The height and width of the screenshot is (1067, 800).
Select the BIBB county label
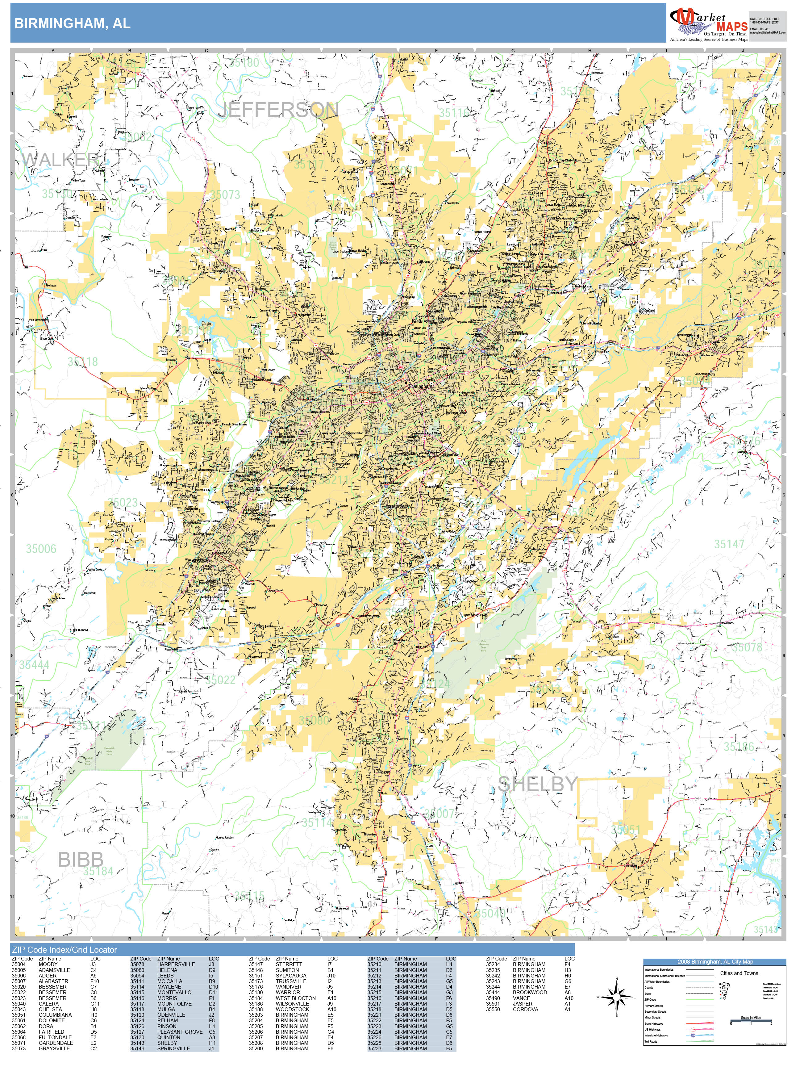tap(81, 859)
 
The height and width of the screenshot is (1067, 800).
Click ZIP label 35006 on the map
tap(41, 549)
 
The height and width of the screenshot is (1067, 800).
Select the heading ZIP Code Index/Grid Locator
tap(65, 950)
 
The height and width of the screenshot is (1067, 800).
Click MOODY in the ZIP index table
tap(48, 964)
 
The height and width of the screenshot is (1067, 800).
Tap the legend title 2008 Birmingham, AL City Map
tap(715, 962)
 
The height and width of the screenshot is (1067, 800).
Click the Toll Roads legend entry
tap(651, 1041)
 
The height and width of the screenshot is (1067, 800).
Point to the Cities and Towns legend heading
tap(739, 973)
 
